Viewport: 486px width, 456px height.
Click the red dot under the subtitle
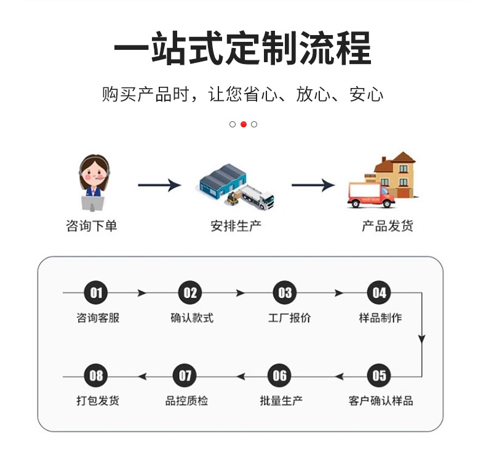tap(244, 124)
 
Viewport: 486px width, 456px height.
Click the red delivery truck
tap(371, 194)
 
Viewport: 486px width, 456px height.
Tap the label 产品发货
tap(387, 226)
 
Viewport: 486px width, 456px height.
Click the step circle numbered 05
tap(380, 375)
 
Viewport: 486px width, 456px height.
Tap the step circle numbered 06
tap(280, 375)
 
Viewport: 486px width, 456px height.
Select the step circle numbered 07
tap(185, 375)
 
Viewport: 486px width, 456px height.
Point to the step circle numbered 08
tap(97, 375)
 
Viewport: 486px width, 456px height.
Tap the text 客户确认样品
tap(380, 401)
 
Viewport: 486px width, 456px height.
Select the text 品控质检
tap(186, 401)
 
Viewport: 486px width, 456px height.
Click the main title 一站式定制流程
tap(243, 48)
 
